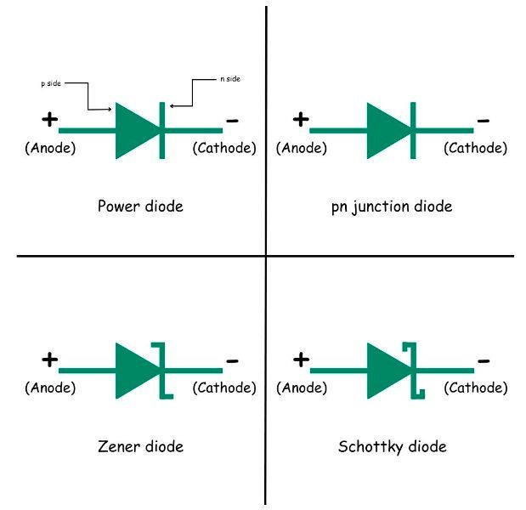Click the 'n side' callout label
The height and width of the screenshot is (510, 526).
click(229, 79)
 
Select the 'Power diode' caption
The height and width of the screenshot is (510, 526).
click(140, 206)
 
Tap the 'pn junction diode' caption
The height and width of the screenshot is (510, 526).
click(392, 206)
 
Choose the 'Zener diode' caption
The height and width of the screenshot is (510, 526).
click(140, 446)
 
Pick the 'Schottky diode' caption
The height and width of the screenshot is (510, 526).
click(392, 446)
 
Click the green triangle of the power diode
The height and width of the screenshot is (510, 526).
click(134, 131)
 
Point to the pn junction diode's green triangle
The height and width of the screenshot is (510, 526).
click(387, 131)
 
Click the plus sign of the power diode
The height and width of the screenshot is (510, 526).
click(49, 120)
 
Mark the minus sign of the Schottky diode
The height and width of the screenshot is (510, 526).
click(484, 360)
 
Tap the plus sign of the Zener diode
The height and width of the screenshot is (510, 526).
click(49, 360)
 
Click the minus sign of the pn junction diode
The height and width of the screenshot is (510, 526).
click(484, 121)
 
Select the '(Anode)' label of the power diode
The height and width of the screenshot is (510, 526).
click(50, 148)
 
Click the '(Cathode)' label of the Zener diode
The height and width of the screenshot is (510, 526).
click(224, 388)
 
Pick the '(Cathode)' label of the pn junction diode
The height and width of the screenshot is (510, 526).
click(476, 148)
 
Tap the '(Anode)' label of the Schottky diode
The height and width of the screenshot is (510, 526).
click(302, 388)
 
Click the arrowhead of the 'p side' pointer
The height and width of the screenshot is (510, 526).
click(110, 109)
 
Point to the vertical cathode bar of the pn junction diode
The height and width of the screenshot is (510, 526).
click(413, 131)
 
